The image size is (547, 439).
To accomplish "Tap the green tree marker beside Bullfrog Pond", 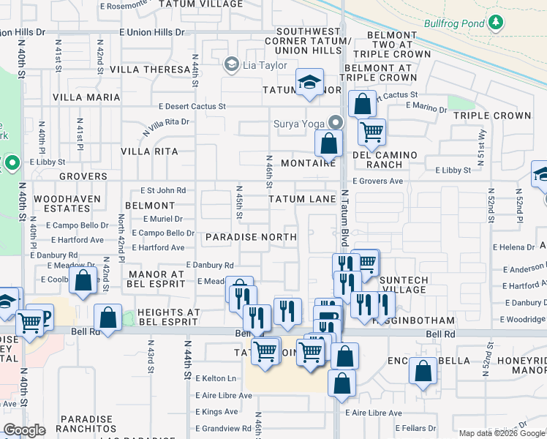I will click(496, 22).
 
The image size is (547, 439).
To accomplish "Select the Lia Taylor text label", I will click(267, 65).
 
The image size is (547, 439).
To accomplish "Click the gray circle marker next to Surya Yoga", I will click(336, 122).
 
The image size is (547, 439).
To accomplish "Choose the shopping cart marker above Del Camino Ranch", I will click(372, 132).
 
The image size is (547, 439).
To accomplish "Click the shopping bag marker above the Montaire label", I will click(329, 141).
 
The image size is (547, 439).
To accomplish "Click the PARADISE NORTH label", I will click(251, 237).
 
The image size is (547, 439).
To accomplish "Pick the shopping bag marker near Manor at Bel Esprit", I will click(84, 279).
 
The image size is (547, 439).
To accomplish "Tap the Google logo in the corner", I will click(24, 430).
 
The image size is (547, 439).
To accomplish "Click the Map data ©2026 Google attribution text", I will click(499, 433).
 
